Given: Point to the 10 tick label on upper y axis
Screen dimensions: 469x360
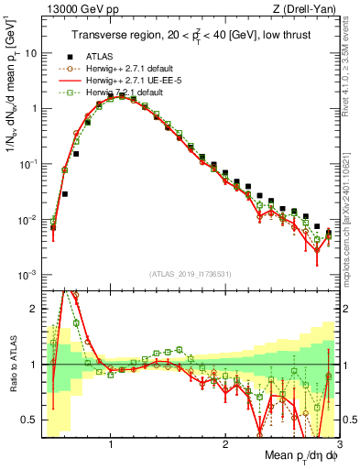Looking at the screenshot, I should [29, 52].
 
